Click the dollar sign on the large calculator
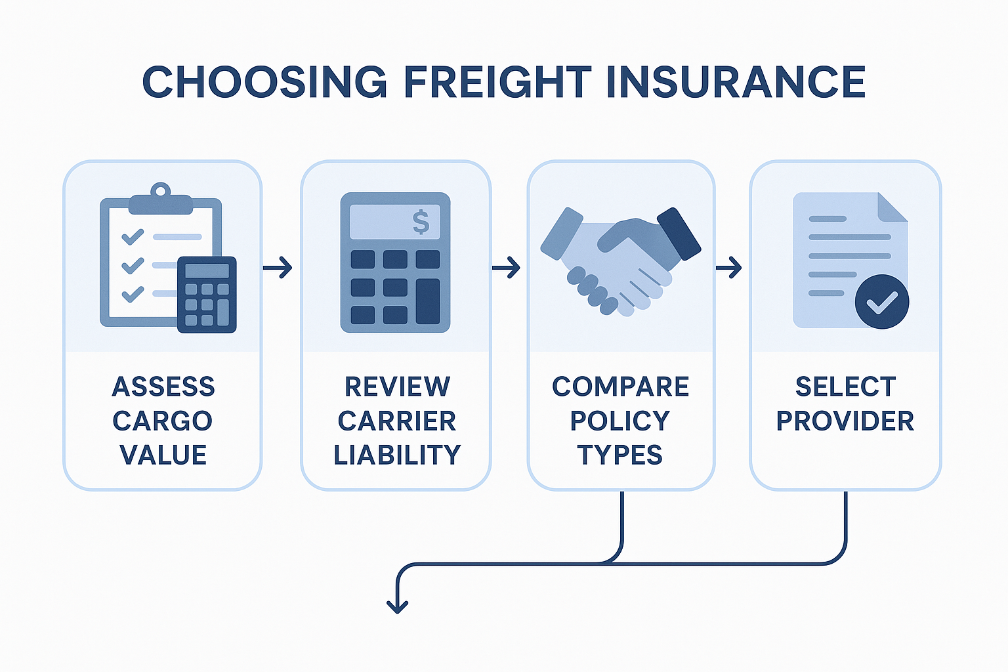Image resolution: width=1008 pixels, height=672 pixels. tap(421, 222)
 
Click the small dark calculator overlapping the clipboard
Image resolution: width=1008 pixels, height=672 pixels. tap(207, 295)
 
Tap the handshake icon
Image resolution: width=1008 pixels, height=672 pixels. tap(621, 261)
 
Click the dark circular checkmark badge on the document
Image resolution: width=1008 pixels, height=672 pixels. tap(881, 302)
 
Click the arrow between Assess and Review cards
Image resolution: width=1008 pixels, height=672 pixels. tap(278, 268)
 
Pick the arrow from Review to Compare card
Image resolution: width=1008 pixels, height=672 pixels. tap(506, 268)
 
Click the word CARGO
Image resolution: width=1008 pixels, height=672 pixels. tap(163, 421)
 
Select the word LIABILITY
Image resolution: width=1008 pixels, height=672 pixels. tap(397, 455)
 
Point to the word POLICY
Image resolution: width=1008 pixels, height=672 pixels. tap(620, 421)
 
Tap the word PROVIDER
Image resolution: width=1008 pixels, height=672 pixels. tap(845, 421)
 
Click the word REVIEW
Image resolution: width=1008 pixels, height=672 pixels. tap(397, 386)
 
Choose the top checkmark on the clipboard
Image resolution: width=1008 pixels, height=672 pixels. tap(133, 237)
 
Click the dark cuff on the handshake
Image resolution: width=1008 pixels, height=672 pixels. tap(679, 234)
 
